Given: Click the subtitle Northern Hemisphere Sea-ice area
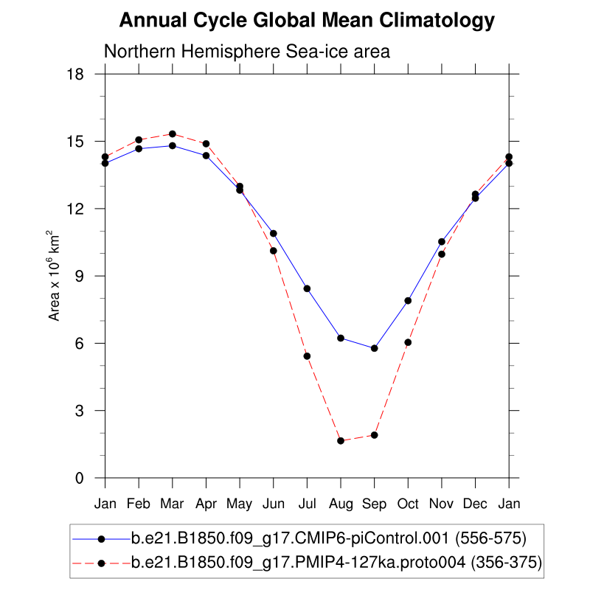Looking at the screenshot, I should [246, 52].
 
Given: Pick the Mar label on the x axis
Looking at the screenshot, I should [173, 504].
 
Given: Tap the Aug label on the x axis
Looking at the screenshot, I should [341, 504].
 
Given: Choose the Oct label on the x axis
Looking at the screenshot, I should [408, 504].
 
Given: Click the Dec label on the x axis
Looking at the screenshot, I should [475, 504].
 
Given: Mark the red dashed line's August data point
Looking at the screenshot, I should [341, 441].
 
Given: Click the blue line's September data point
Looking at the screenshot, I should [375, 348].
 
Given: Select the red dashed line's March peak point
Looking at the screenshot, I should [173, 133].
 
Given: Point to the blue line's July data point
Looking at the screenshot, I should [307, 288].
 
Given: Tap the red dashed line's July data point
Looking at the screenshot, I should [307, 356].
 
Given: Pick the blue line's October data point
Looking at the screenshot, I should [408, 300].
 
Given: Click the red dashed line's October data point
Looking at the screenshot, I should [408, 342].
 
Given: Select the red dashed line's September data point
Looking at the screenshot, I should [375, 435].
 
